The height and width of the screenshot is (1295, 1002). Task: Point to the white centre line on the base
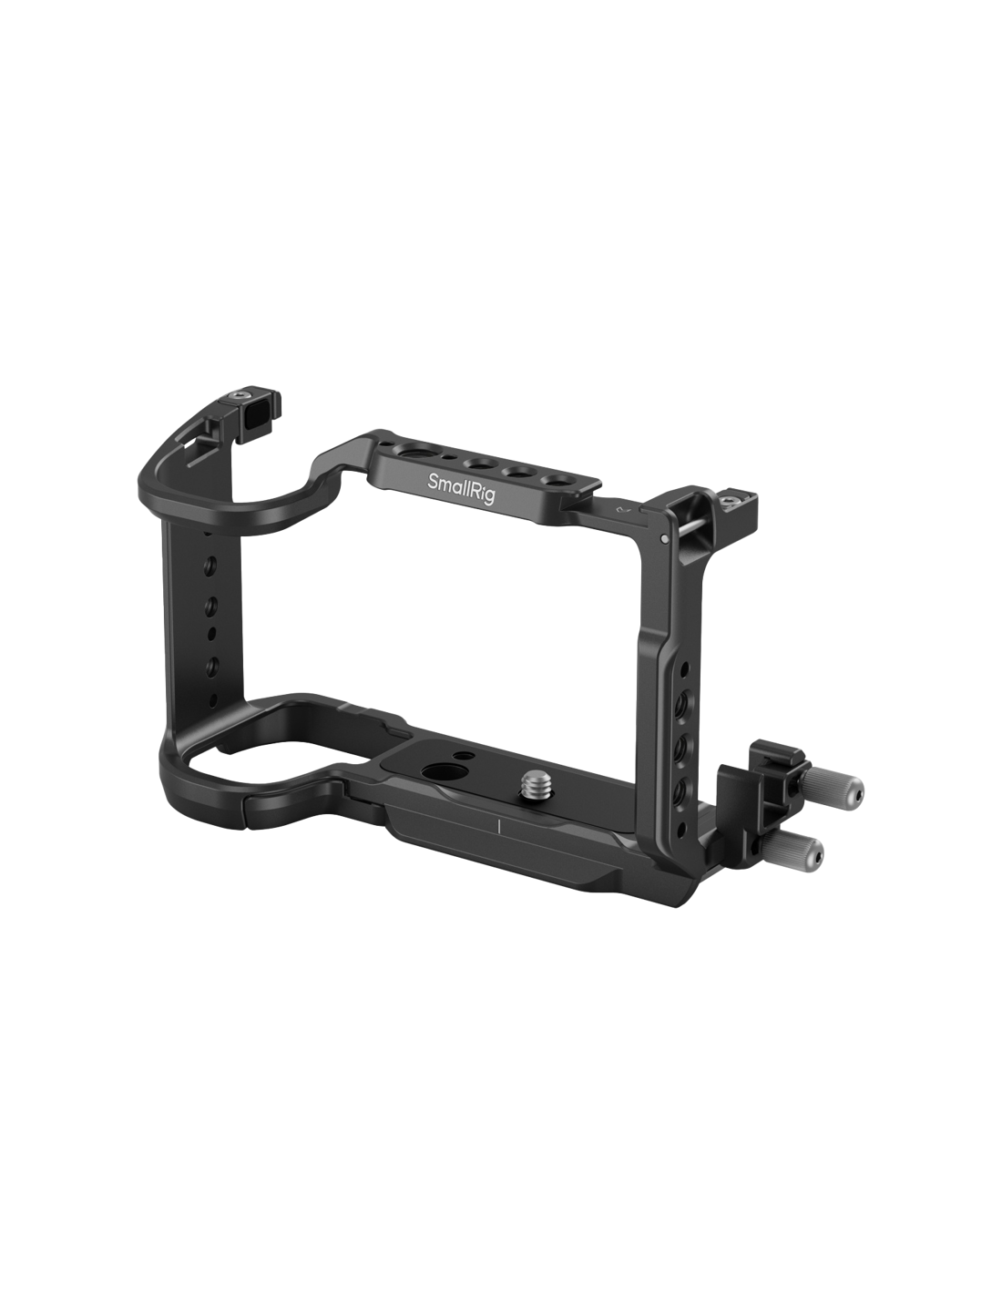click(498, 825)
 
